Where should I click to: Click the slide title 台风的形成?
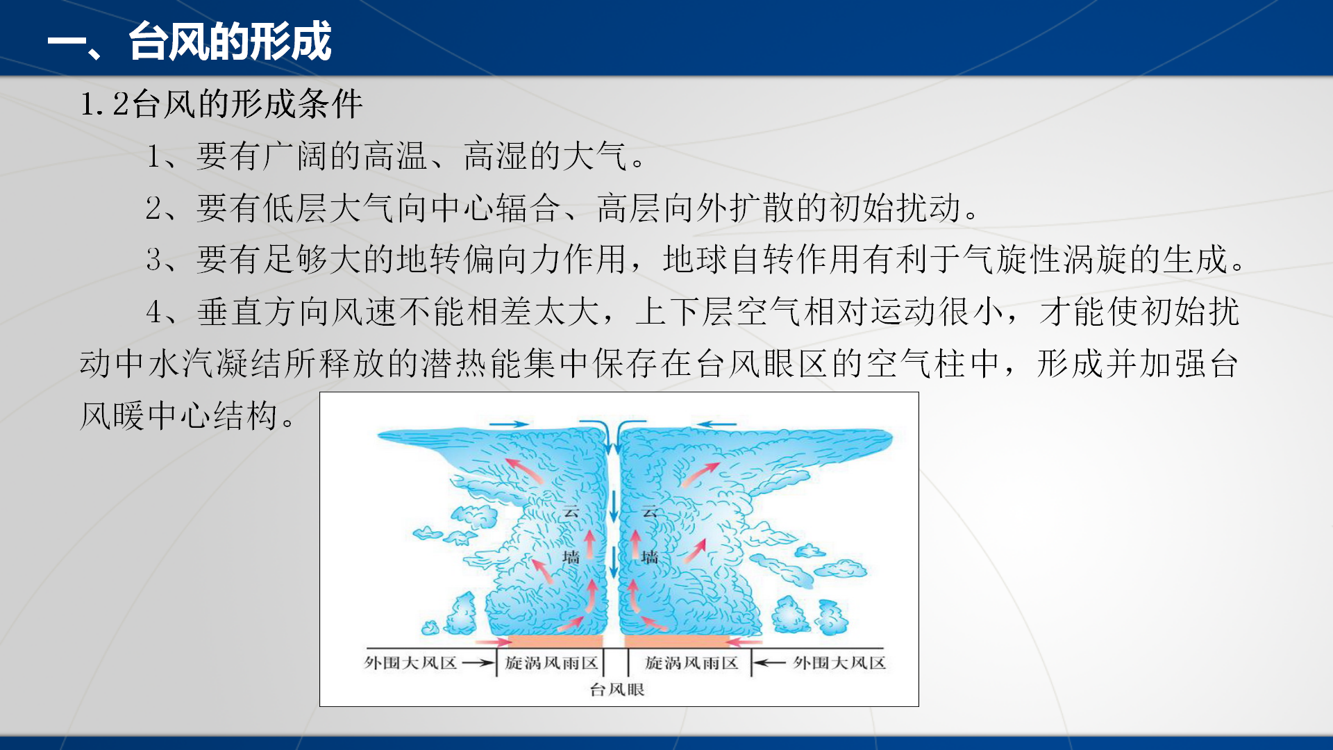tap(230, 42)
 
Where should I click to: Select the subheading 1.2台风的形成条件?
tap(221, 104)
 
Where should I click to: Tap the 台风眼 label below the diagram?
tap(617, 690)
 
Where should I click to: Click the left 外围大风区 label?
tap(410, 663)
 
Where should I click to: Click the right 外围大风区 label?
tap(839, 663)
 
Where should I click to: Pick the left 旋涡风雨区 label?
tap(551, 663)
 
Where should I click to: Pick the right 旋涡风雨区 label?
tap(691, 663)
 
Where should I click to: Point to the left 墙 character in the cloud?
tap(571, 557)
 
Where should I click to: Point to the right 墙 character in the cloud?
tap(650, 557)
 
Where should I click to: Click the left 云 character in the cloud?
tap(571, 512)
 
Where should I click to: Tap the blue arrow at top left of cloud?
tap(509, 424)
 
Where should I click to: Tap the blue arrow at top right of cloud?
tap(716, 424)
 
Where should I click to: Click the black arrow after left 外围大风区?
tap(478, 663)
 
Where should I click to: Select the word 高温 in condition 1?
tap(396, 156)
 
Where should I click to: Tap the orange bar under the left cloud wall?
tap(555, 640)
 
